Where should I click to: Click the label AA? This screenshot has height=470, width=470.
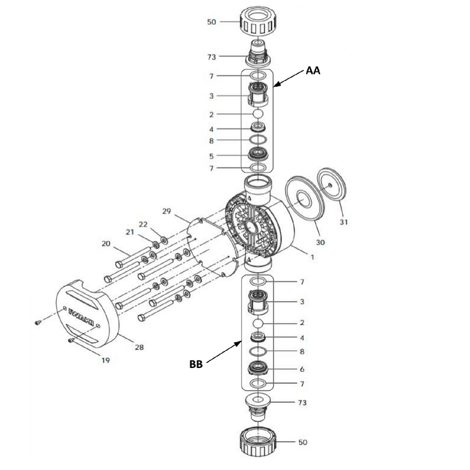click(313, 71)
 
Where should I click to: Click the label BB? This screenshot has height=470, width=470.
click(197, 364)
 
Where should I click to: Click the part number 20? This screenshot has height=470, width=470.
click(105, 244)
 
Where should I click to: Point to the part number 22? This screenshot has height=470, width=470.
click(143, 224)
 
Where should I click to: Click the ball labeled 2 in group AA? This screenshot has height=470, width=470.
click(257, 114)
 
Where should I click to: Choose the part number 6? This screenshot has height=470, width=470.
click(302, 370)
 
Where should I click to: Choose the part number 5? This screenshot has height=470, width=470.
click(212, 156)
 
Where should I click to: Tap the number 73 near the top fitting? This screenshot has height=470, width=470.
click(212, 57)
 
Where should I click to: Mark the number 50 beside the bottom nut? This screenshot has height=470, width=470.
click(302, 442)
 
